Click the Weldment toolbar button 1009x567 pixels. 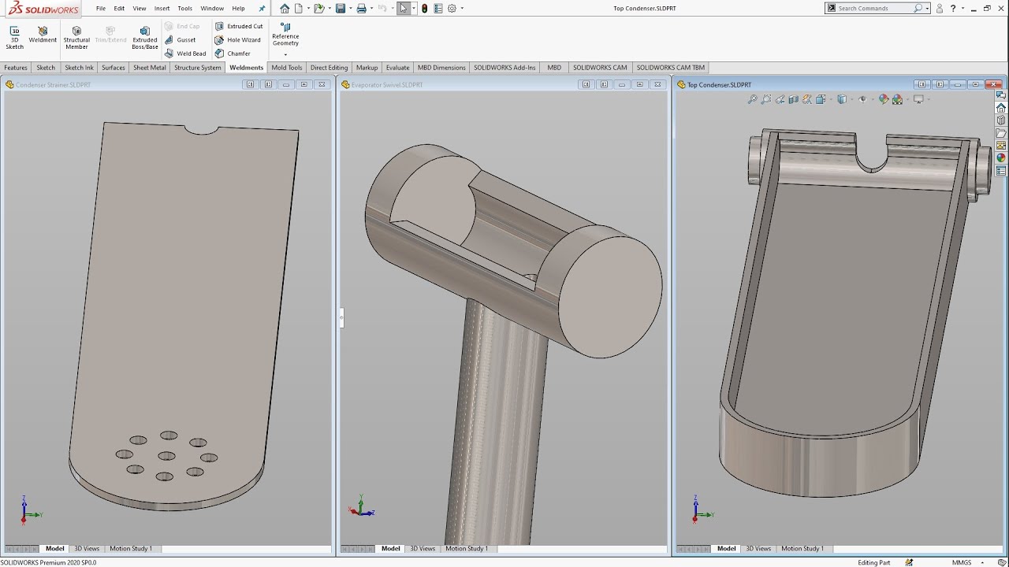tap(43, 35)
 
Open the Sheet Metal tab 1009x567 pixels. tap(149, 68)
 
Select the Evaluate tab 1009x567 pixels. tap(397, 68)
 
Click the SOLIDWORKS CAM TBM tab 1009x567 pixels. tap(670, 68)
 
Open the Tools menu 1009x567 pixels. tap(184, 9)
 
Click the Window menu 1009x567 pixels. tap(212, 9)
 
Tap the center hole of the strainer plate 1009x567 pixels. tap(166, 456)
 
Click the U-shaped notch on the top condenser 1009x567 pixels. tap(871, 158)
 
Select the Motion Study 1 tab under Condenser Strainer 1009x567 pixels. tap(131, 549)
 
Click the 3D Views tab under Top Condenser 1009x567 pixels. tap(758, 549)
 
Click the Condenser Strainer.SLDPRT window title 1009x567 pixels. tap(53, 84)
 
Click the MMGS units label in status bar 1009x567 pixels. tap(961, 562)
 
